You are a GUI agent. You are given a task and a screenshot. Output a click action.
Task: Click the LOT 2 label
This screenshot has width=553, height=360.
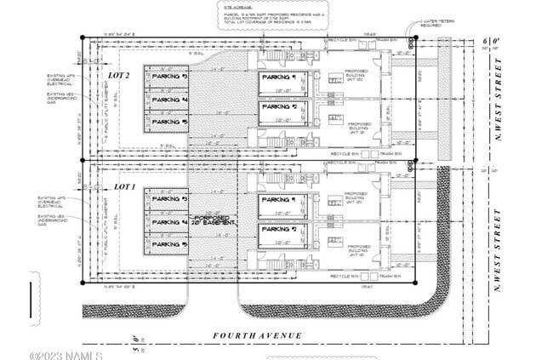pyautogui.click(x=119, y=76)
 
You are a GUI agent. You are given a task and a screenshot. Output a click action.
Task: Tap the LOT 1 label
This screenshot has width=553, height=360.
pyautogui.click(x=124, y=186)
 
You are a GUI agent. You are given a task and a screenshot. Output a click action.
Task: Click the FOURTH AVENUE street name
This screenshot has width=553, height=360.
pyautogui.click(x=258, y=336)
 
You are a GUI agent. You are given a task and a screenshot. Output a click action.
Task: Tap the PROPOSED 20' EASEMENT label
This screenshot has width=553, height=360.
pyautogui.click(x=214, y=219)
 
